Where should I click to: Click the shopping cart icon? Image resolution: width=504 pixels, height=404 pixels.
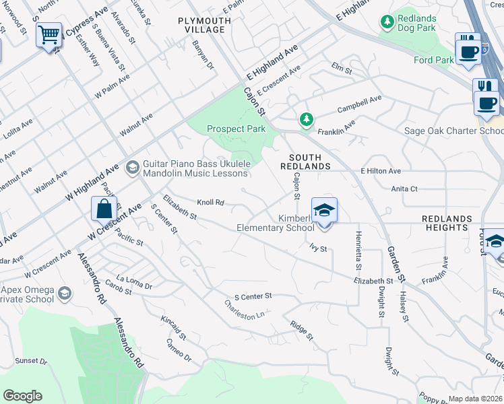[49, 35]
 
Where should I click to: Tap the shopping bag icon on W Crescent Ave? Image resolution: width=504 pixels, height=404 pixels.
[104, 209]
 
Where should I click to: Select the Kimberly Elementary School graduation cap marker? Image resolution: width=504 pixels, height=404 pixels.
[324, 209]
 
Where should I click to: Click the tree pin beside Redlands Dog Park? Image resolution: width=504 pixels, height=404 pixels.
[387, 22]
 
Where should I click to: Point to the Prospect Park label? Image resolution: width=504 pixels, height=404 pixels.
[236, 129]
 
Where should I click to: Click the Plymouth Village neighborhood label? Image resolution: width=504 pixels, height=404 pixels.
[205, 26]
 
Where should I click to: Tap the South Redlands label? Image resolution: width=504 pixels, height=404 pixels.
[305, 161]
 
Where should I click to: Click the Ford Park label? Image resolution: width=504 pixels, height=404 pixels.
[433, 60]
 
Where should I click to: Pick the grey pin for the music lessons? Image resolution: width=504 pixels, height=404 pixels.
[132, 166]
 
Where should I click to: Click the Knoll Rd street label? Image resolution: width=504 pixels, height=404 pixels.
[210, 202]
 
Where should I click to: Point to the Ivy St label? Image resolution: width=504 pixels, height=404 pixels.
[318, 248]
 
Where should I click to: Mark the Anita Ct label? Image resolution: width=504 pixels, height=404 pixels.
[404, 189]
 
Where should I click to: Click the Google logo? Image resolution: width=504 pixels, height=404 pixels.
[22, 396]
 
